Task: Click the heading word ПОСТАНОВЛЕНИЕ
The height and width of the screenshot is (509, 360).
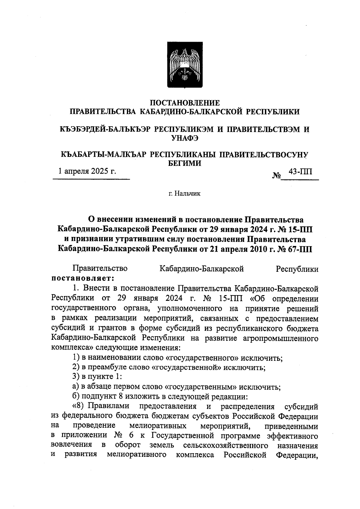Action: click(x=184, y=103)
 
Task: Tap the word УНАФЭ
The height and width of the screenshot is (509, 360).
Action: click(x=184, y=138)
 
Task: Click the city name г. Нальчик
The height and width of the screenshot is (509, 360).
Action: click(x=184, y=194)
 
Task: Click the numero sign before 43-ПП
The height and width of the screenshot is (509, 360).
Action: click(x=276, y=175)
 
